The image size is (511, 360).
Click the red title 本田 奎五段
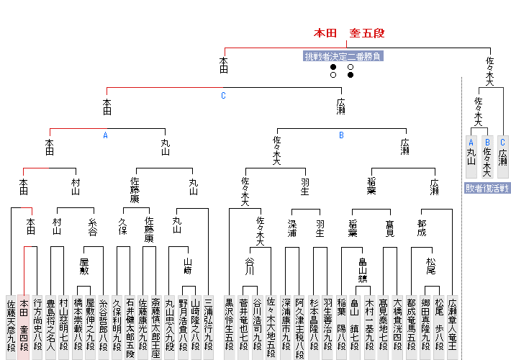349,33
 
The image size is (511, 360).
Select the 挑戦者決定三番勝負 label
342,55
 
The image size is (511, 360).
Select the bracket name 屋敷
85,266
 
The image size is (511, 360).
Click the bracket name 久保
122,227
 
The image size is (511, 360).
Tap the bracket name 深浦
291,227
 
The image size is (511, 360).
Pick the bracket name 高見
389,227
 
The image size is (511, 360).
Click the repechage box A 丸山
471,157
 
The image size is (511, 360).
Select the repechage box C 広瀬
503,157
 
